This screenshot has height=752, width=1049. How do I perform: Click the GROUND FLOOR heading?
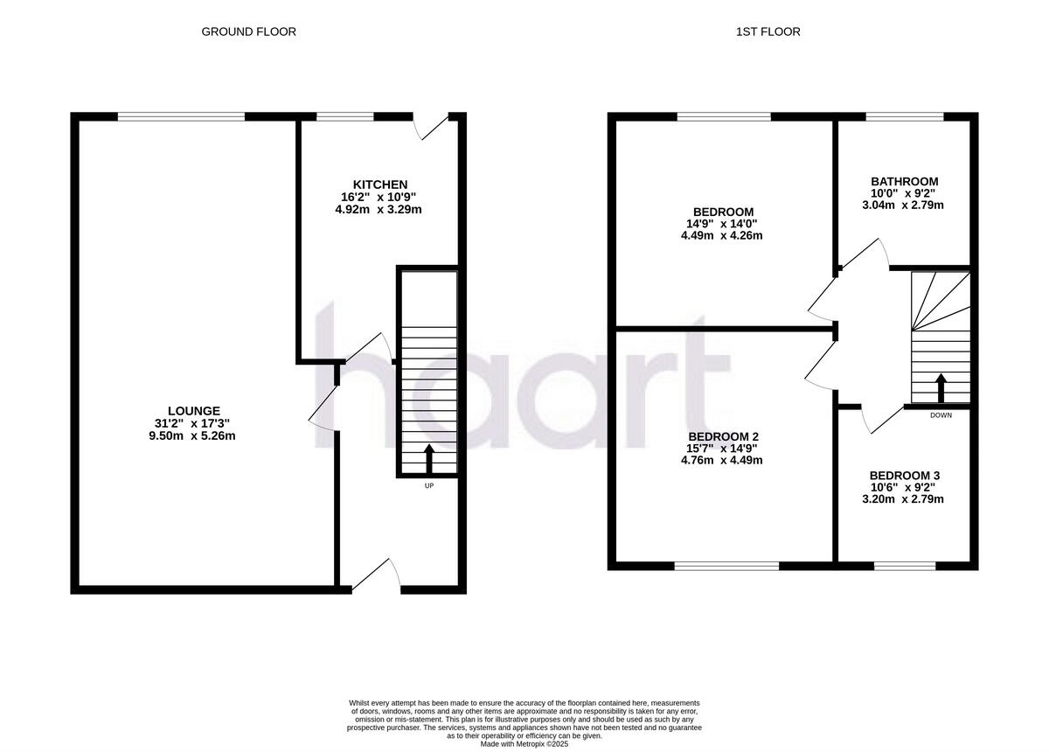click(x=249, y=31)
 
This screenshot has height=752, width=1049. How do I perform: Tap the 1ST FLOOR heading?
click(x=768, y=31)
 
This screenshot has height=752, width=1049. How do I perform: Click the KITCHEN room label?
click(x=379, y=185)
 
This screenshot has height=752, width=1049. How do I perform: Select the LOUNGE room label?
click(x=193, y=411)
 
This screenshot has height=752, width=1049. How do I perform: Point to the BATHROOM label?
click(x=904, y=182)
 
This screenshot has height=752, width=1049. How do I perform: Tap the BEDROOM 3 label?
click(x=904, y=476)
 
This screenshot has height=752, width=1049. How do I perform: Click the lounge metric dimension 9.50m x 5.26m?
click(x=193, y=435)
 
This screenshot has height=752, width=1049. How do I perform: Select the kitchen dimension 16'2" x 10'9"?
click(x=379, y=198)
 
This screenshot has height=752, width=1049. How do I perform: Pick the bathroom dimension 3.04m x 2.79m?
click(x=904, y=205)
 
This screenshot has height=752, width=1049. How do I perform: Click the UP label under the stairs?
click(x=428, y=485)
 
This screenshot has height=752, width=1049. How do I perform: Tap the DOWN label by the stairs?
click(x=941, y=415)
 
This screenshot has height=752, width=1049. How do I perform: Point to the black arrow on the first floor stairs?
click(x=941, y=386)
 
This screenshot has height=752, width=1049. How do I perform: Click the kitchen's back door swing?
click(x=433, y=128)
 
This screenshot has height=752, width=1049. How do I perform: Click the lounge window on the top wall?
click(x=182, y=116)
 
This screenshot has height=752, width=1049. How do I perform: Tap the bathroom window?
click(x=905, y=116)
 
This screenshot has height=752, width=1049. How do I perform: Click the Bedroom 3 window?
click(x=905, y=566)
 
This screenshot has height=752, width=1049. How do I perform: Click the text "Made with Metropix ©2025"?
click(x=524, y=743)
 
